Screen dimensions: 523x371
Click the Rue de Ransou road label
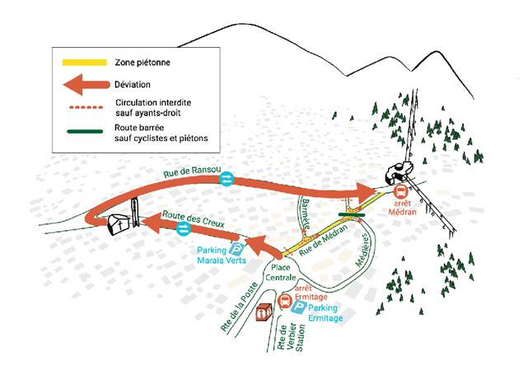pos(192,172)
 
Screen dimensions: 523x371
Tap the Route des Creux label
pos(193,218)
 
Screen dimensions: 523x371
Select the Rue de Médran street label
pos(323,240)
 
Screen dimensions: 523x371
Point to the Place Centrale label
pos(281,272)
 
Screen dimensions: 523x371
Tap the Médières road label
pos(362,250)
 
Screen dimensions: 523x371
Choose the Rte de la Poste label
pos(239,306)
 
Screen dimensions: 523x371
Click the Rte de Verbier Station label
pos(291,336)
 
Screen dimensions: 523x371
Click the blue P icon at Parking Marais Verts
pos(237,250)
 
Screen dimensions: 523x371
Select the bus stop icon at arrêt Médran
pos(400,192)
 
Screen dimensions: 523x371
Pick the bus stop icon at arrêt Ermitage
pos(285,301)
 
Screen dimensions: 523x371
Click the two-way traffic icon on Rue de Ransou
pos(226,179)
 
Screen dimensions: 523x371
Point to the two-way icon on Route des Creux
pos(184,228)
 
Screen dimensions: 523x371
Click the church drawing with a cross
pos(119,223)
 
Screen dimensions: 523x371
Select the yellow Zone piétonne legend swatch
pos(85,63)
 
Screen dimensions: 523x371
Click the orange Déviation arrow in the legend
pos(86,85)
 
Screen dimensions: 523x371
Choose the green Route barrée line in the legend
pos(85,131)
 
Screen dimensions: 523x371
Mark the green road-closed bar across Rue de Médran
pos(352,214)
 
